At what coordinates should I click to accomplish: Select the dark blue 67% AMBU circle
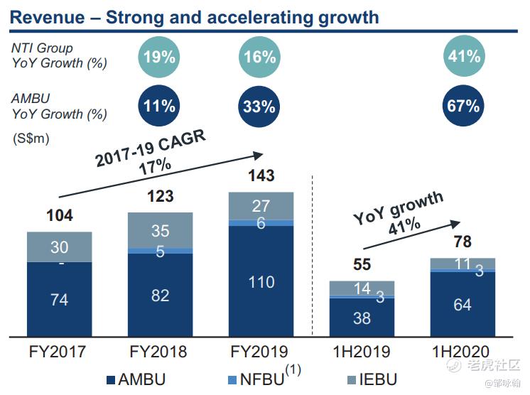464,107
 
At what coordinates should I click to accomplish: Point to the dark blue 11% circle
159,107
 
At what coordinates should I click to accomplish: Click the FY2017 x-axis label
59,352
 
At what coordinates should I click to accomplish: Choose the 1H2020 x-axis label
462,352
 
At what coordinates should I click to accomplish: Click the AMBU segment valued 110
260,282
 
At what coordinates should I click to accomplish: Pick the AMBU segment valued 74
59,300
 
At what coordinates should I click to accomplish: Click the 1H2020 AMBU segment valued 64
462,305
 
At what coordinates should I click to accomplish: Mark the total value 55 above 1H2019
362,266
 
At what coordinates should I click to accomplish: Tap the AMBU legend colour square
111,379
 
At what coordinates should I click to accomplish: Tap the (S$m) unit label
31,139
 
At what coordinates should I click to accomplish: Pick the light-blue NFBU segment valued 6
260,222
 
